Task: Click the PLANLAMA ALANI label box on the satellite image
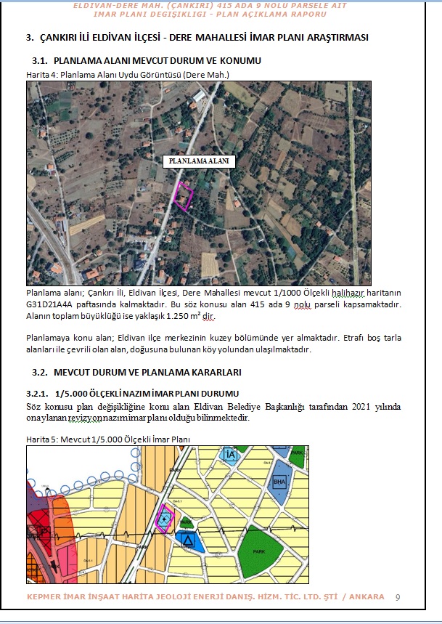coord(199,161)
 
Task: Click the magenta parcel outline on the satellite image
coord(185,197)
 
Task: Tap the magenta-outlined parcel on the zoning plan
coord(165,517)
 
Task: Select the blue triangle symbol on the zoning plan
coord(188,540)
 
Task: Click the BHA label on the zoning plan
coord(279,482)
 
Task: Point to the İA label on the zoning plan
coord(231,455)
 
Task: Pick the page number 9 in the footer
coord(398,597)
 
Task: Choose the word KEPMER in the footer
coord(45,597)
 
